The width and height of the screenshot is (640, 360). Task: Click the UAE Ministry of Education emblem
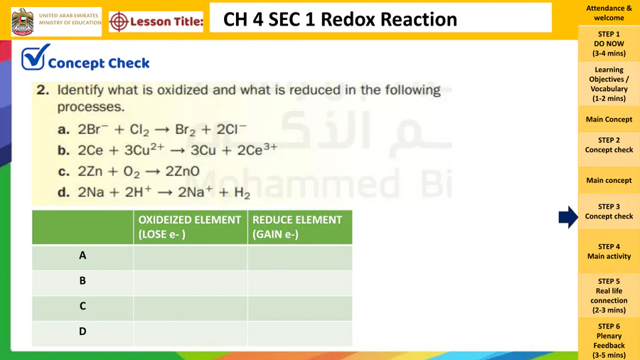pos(23,21)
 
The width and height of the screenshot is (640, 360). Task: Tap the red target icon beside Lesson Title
pos(119,21)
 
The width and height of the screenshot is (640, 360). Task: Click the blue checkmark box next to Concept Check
pos(35,57)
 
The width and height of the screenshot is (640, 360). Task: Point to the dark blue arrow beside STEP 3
pos(568,217)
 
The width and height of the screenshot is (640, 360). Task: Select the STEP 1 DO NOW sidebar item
pos(609,43)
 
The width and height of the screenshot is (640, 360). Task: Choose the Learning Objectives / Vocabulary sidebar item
pos(609,84)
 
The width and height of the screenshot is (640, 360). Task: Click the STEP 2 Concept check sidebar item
pos(609,145)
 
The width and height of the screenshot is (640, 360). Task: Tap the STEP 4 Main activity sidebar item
pos(609,251)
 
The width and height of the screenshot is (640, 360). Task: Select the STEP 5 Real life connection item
pos(609,295)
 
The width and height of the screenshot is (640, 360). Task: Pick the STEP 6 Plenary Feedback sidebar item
pos(609,340)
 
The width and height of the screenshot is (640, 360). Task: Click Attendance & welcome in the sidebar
pos(609,13)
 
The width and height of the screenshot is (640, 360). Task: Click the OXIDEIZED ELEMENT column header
pos(190,227)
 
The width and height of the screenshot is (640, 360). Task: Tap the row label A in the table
pos(82,255)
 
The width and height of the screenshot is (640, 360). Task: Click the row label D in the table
pos(82,332)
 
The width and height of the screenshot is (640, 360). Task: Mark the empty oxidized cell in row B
pos(190,283)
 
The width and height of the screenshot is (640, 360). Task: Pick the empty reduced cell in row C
pos(299,308)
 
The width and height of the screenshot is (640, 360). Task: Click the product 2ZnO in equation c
pos(183,171)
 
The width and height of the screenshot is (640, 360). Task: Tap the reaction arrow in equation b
pos(178,151)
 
